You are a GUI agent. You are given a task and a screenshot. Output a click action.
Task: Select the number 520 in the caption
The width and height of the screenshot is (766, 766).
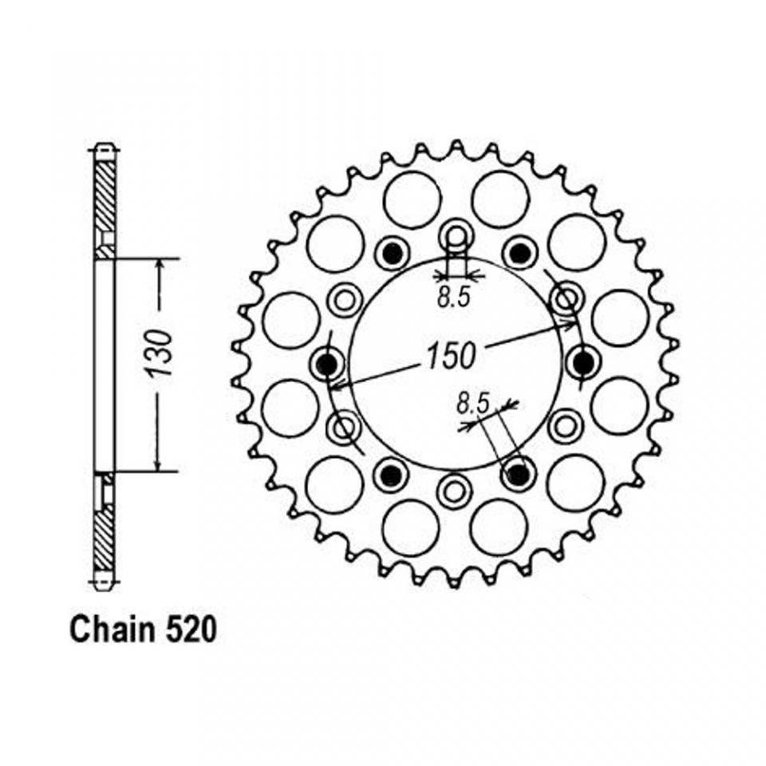[x=188, y=630]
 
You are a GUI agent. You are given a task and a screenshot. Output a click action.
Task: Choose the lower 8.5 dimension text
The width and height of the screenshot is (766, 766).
[x=472, y=405]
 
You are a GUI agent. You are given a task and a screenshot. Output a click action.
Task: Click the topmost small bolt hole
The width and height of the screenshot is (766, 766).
[x=456, y=237]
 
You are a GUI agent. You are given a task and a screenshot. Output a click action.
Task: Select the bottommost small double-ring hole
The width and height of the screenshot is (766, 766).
[x=455, y=489]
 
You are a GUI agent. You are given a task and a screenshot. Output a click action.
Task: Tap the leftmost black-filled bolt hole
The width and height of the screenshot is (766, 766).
[x=327, y=364]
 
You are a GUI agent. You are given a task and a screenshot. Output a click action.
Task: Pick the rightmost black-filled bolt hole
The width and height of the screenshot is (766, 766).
[x=583, y=364]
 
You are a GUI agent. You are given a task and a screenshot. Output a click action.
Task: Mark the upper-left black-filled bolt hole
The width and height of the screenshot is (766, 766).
[x=391, y=254]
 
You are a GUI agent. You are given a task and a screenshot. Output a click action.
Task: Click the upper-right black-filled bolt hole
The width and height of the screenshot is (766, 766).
[x=520, y=254]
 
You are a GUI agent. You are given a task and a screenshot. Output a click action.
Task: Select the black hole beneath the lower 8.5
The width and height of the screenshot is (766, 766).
[x=519, y=475]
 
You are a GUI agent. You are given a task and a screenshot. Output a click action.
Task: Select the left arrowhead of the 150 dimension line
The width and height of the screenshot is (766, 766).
[x=336, y=387]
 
